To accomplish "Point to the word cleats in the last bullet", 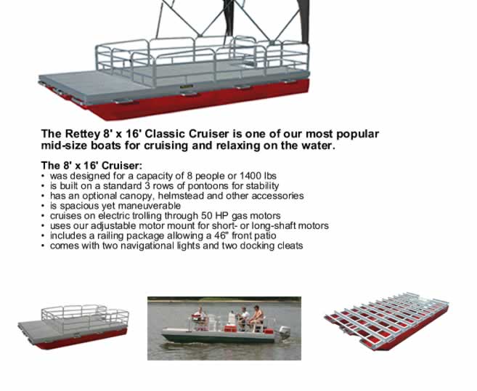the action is (290, 246).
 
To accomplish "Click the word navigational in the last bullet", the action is (147, 246).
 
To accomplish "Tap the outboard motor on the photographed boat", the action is (284, 334).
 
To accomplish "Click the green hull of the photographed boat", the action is (220, 337).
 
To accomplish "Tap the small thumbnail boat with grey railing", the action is (73, 326).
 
